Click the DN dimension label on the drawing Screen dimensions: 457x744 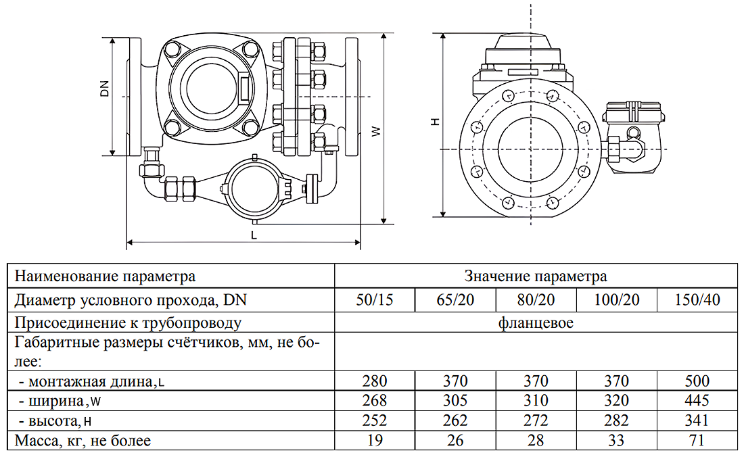pyautogui.click(x=105, y=89)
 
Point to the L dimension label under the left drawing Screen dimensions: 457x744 pyautogui.click(x=254, y=235)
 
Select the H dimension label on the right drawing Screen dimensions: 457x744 pyautogui.click(x=436, y=122)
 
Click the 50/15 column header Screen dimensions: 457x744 pyautogui.click(x=374, y=299)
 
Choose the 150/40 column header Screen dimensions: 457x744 pyautogui.click(x=697, y=299)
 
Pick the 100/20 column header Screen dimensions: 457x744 pyautogui.click(x=616, y=299)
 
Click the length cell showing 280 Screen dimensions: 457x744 pyautogui.click(x=374, y=381)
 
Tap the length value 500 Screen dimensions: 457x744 pyautogui.click(x=697, y=381)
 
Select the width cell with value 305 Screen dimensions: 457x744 pyautogui.click(x=455, y=401)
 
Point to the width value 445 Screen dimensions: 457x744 pyautogui.click(x=697, y=401)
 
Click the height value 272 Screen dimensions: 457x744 pyautogui.click(x=536, y=420)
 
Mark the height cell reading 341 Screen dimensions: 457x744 pyautogui.click(x=697, y=420)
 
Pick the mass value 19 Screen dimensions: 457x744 pyautogui.click(x=374, y=441)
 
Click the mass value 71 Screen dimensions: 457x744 pyautogui.click(x=697, y=441)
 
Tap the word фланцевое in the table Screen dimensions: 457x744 pyautogui.click(x=536, y=322)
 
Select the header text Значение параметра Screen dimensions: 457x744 pyautogui.click(x=536, y=276)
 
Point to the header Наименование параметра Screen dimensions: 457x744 pyautogui.click(x=105, y=276)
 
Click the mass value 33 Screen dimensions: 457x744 pyautogui.click(x=616, y=441)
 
